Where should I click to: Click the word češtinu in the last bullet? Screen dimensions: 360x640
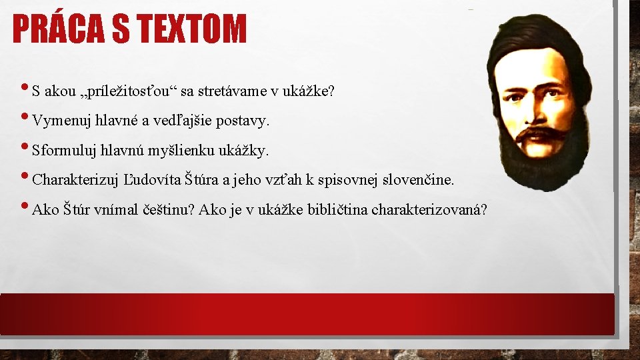tap(170, 210)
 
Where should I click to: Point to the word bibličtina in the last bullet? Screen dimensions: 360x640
tap(337, 210)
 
